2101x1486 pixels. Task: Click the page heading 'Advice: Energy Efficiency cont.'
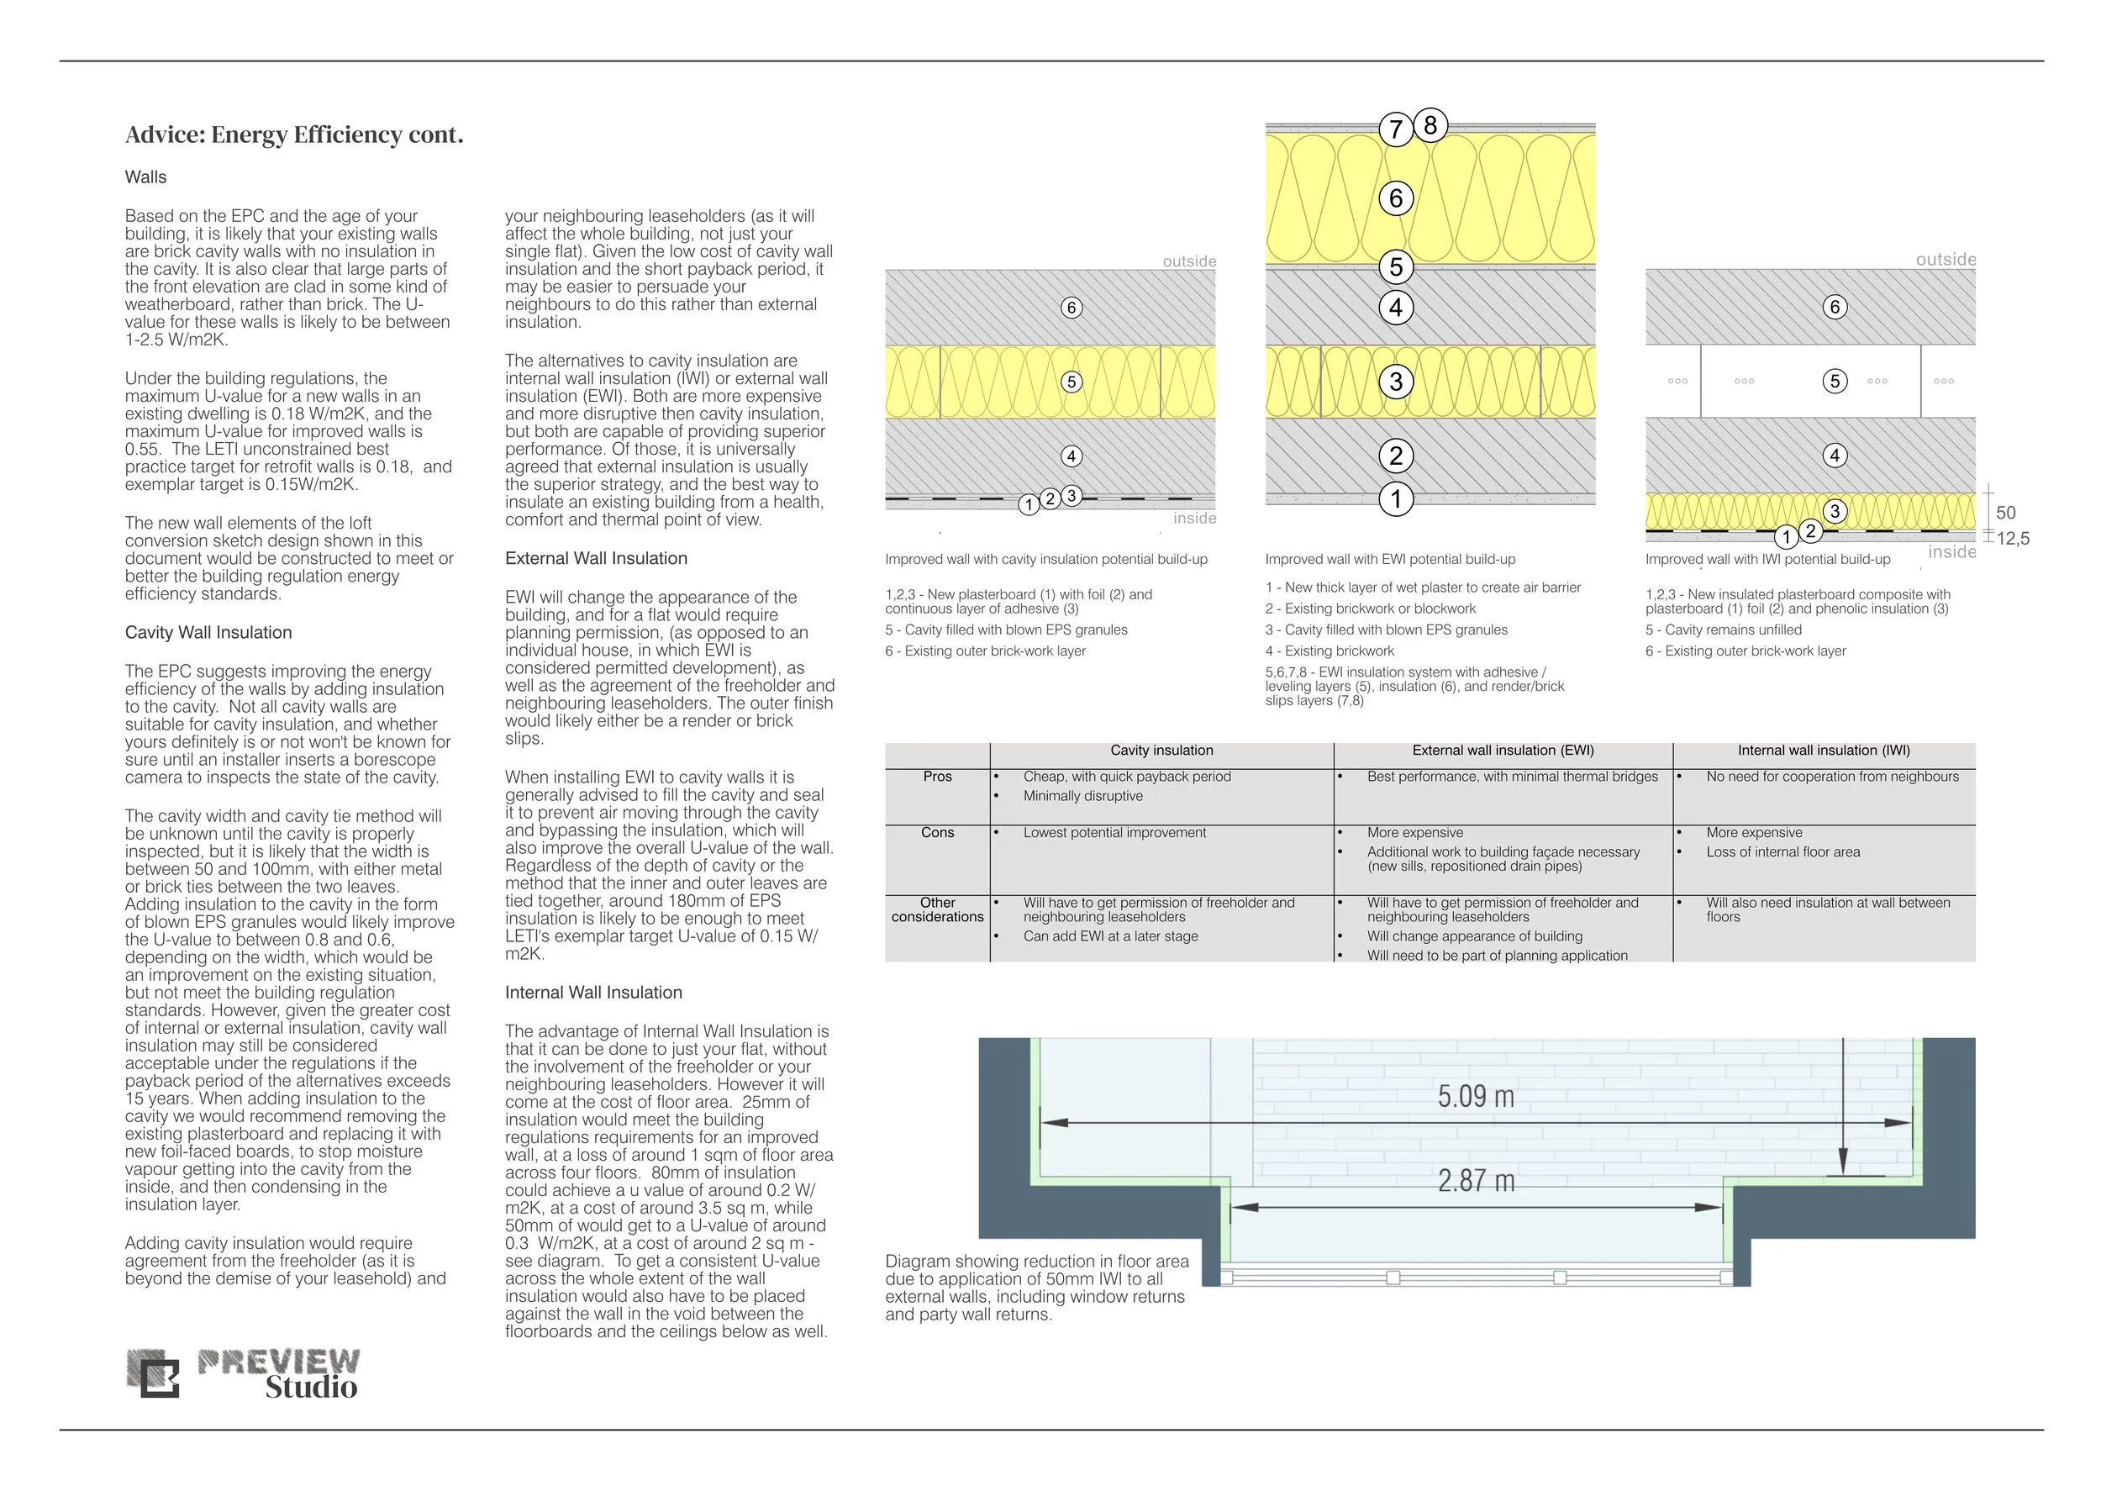click(294, 135)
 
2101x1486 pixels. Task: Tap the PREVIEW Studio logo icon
click(153, 1373)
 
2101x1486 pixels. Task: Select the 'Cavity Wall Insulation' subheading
click(208, 632)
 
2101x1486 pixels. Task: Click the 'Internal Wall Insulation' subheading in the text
click(593, 993)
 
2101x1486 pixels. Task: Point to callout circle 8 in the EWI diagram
click(1430, 125)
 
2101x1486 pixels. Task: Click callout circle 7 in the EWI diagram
click(1395, 130)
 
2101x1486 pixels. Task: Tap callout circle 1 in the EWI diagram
click(1395, 499)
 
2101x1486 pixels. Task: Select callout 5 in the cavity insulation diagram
click(1072, 382)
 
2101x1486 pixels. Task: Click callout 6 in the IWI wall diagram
click(1834, 308)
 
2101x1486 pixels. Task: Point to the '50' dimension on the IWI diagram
click(2005, 514)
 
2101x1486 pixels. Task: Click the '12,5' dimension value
click(2012, 539)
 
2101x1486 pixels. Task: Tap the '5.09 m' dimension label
click(1475, 1096)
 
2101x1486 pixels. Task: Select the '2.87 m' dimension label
click(1475, 1181)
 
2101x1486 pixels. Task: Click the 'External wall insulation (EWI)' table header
click(1503, 751)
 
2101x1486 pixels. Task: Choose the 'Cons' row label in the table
click(937, 833)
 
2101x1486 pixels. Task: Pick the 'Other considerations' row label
click(937, 909)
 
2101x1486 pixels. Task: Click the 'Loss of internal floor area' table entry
click(1782, 852)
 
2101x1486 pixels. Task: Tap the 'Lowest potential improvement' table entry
click(1114, 833)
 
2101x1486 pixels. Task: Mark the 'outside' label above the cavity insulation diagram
click(1188, 261)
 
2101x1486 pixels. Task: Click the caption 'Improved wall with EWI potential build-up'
click(1390, 559)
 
